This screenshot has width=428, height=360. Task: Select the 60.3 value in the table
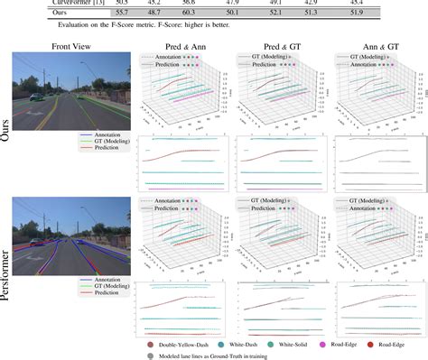pyautogui.click(x=213, y=15)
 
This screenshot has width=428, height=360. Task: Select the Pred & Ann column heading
pyautogui.click(x=178, y=46)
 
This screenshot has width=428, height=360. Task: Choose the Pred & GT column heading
pyautogui.click(x=276, y=46)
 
